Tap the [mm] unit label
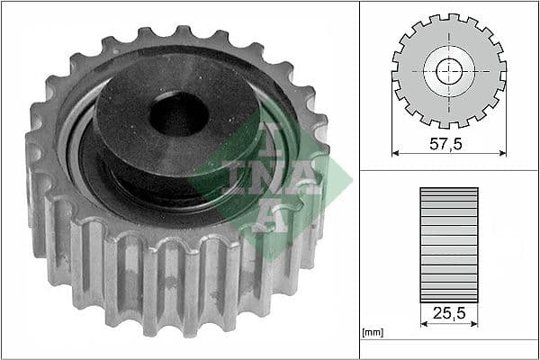pos(371,332)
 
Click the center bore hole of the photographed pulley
pos(177,114)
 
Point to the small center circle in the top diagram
pos(449,71)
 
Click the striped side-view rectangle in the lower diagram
pos(449,244)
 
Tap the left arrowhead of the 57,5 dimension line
pos(396,153)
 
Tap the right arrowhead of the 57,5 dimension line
pos(502,153)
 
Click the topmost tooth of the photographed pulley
pos(177,34)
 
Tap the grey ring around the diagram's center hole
pos(436,71)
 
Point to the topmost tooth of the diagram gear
pos(449,18)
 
